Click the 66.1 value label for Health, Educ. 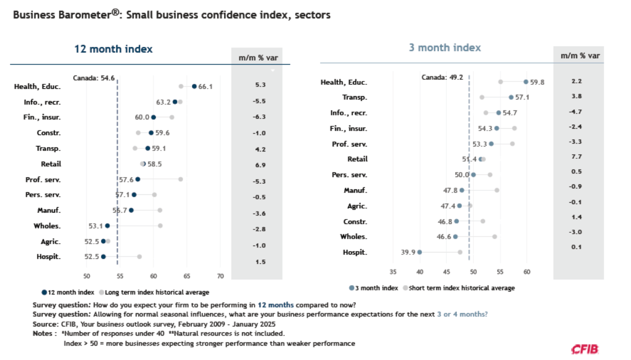206,86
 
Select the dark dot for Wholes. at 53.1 107,225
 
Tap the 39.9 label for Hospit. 408,252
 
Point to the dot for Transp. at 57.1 511,97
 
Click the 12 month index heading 113,49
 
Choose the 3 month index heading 445,48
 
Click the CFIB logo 585,349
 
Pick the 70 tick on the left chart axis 220,276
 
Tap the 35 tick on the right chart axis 393,272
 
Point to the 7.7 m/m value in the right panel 577,157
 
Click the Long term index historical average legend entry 154,292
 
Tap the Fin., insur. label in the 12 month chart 42,117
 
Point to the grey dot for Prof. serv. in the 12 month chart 180,179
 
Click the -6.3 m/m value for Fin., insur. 260,117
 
